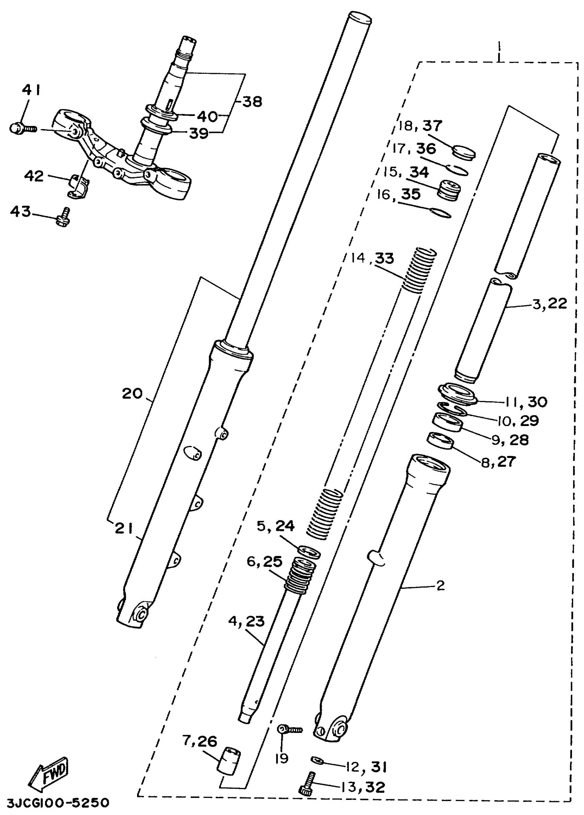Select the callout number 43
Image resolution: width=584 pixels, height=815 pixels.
pos(21,212)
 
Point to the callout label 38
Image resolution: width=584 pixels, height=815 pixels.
pos(252,102)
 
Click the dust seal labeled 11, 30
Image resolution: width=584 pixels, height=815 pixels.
pos(457,394)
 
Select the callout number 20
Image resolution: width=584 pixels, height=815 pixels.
pos(132,394)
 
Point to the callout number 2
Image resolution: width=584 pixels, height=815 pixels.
pos(440,586)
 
